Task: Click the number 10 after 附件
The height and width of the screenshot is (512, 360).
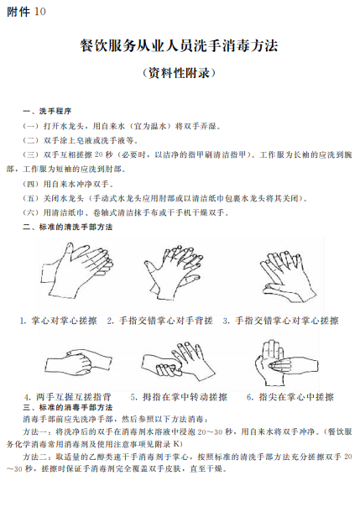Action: click(39, 12)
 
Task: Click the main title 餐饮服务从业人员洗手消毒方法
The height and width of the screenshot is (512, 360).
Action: click(180, 45)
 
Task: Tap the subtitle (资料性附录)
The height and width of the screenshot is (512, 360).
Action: click(180, 72)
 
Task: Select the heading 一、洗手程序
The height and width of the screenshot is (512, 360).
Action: click(47, 111)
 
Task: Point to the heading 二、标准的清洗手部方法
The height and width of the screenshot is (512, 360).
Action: click(68, 227)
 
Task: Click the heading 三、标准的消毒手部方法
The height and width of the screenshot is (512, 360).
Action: click(68, 407)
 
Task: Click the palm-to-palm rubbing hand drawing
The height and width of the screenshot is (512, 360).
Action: click(77, 270)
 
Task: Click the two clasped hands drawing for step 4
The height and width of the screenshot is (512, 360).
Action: click(78, 362)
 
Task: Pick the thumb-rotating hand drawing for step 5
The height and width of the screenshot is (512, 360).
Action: click(178, 361)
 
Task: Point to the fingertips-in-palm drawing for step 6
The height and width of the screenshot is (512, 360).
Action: click(286, 363)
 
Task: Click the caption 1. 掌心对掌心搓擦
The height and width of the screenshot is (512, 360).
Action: click(59, 321)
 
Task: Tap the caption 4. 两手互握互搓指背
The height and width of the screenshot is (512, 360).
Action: click(68, 397)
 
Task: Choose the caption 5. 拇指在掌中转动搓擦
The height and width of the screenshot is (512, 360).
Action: click(179, 397)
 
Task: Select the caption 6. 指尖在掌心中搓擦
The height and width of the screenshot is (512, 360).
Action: click(290, 397)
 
